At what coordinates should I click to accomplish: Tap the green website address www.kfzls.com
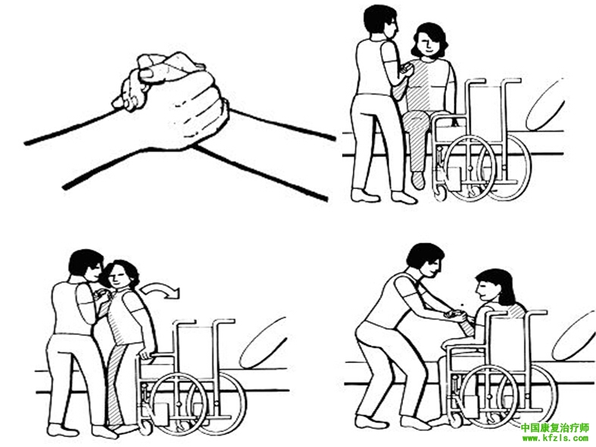pos(555,439)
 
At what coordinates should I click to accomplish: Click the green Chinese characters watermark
pos(554,428)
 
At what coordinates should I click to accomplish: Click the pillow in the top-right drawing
pos(545,104)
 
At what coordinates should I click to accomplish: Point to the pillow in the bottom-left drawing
pos(262,343)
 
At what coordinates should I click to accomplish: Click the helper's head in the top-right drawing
pos(380,22)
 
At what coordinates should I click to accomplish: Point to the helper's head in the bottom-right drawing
pos(426,260)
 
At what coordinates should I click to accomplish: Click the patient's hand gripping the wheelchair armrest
pos(147,355)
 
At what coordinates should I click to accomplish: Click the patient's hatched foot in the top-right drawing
pos(419,180)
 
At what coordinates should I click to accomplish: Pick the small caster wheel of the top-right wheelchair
pos(441,192)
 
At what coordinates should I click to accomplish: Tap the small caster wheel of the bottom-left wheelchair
pos(145,427)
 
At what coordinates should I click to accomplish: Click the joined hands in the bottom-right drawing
pos(455,314)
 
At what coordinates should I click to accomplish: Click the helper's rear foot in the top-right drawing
pos(364,196)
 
